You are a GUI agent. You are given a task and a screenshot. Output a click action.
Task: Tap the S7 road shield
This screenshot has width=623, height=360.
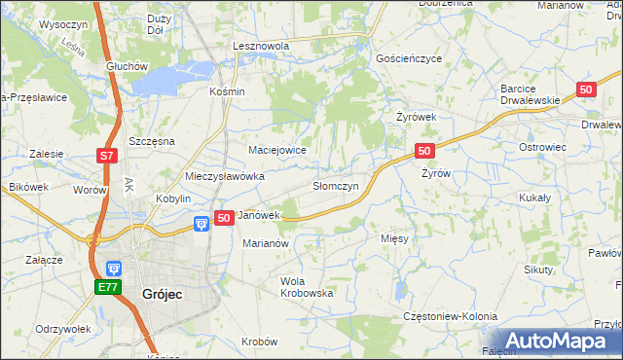point(106,156)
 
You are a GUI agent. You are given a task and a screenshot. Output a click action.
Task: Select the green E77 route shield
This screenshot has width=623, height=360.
point(107,288)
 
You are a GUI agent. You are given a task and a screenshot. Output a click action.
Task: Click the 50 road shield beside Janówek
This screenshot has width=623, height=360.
point(223,218)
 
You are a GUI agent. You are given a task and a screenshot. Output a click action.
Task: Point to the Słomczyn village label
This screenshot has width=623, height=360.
point(336,185)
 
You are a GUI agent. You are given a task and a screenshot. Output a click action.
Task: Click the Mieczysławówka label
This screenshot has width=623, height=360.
point(225,177)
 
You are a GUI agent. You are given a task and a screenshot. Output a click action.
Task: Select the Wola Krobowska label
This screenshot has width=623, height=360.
point(307,286)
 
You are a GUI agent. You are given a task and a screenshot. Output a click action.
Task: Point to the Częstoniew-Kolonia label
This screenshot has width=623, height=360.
point(450,317)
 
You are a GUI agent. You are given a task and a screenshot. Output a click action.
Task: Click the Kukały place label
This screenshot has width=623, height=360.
point(534,198)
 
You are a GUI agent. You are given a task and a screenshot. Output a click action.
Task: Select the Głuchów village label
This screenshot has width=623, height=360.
point(126,66)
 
